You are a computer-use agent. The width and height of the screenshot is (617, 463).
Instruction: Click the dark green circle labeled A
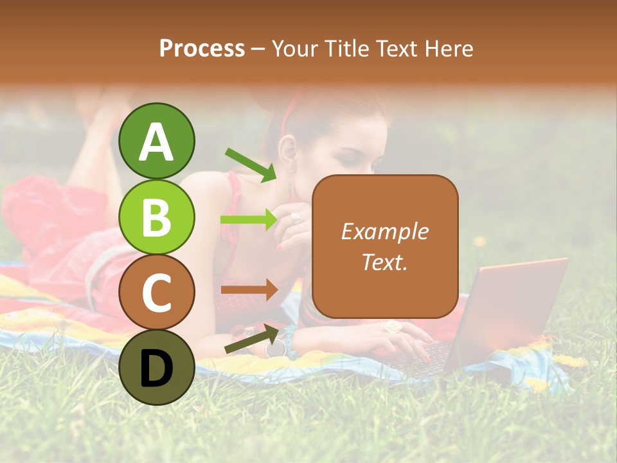tap(157, 141)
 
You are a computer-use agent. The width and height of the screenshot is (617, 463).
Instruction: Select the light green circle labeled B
tap(157, 217)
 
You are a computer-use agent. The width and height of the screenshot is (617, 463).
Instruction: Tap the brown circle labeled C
tap(157, 292)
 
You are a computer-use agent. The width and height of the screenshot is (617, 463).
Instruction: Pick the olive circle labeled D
tap(157, 367)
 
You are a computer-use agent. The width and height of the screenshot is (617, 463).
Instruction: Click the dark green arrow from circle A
tap(251, 165)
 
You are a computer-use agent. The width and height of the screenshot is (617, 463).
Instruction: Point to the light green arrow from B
tap(249, 220)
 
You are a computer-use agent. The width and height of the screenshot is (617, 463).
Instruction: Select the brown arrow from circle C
tap(249, 290)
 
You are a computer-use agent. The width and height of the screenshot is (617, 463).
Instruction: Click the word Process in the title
tap(202, 48)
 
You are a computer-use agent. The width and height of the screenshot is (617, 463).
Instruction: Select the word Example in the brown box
tap(385, 232)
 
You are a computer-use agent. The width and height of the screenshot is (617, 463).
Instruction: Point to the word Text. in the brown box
tap(385, 262)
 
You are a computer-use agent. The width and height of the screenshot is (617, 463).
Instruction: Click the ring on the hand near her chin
tap(295, 217)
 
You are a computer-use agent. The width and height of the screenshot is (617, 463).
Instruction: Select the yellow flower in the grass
tap(479, 241)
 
